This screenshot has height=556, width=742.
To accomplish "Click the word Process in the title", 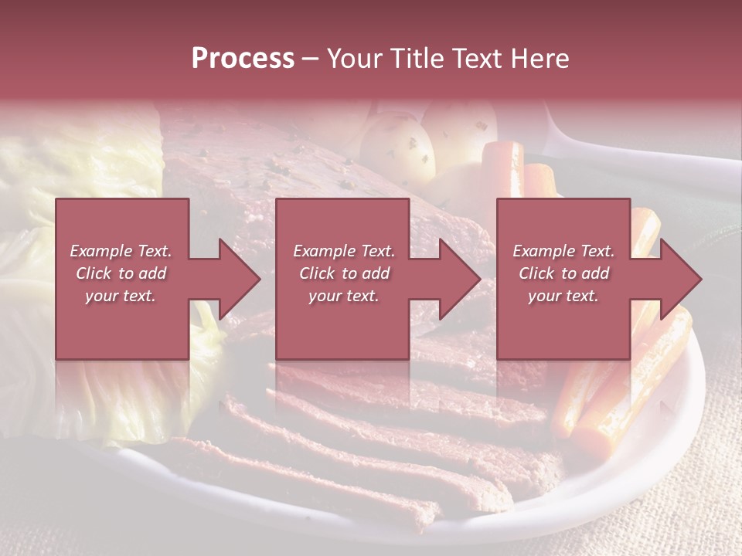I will (x=243, y=59).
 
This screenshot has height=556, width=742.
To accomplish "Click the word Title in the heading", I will (x=411, y=59).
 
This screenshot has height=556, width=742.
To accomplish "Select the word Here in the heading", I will (x=539, y=59).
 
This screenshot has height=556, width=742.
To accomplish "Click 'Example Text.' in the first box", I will (x=121, y=251).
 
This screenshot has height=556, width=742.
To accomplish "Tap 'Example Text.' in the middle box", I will (x=344, y=251).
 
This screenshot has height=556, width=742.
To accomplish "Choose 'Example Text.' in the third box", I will (x=563, y=251).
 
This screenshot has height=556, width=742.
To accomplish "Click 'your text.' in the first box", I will (x=121, y=296).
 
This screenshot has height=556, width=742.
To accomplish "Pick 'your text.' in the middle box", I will (x=344, y=296).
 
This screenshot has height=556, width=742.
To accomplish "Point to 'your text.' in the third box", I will (x=563, y=296).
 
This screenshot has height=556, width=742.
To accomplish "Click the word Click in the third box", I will (x=536, y=273).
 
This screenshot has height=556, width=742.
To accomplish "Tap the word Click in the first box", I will (x=94, y=273).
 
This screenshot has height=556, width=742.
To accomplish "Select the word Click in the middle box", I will (x=317, y=273).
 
